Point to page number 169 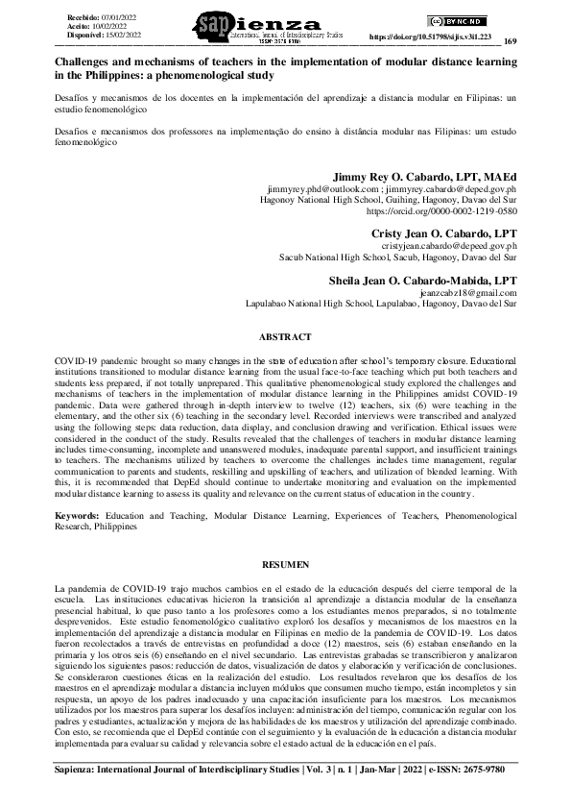pos(510,41)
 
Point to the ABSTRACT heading pos(285,337)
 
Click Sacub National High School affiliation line pos(397,257)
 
